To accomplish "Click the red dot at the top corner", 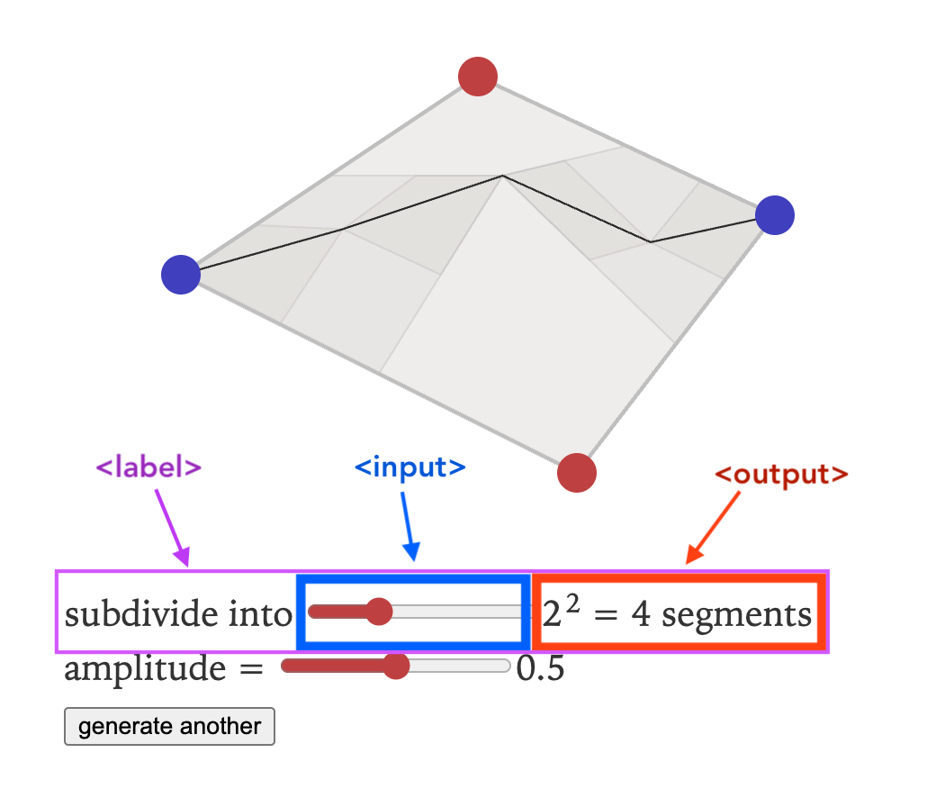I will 478,77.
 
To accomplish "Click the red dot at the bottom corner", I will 577,472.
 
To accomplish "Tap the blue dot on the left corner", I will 181,275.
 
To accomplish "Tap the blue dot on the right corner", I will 774,216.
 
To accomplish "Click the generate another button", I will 169,727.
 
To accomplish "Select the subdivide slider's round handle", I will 379,612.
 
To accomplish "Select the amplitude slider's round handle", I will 395,666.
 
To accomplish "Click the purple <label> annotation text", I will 148,467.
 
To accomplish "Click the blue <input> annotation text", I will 410,467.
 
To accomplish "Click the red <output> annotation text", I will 781,475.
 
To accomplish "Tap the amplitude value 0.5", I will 540,669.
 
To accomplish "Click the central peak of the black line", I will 502,177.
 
